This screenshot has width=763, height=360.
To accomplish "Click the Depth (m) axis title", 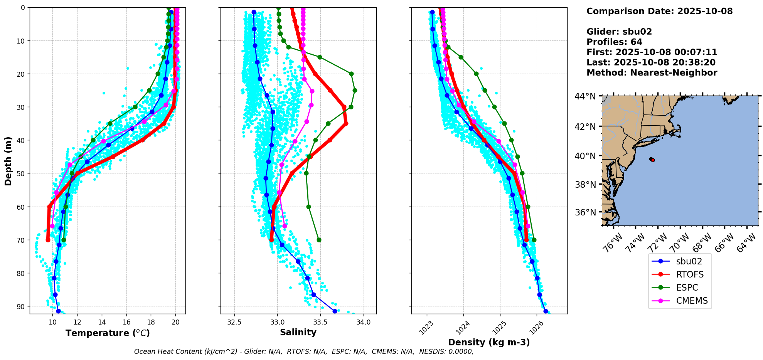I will click(8, 161).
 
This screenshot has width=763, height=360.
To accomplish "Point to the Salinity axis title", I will click(298, 333).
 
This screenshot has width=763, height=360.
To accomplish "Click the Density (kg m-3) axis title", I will click(489, 342).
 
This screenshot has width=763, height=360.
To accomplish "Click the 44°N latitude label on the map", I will click(585, 96).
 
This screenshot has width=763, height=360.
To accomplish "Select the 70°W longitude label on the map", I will click(679, 242).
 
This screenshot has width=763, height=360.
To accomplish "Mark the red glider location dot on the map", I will click(652, 160).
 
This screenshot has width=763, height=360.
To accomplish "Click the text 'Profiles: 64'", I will click(614, 42).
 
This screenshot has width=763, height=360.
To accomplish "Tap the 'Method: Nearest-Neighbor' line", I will click(652, 73).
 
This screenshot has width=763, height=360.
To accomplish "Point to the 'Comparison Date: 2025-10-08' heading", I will click(659, 11).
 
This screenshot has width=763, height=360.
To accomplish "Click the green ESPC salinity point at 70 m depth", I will click(319, 240).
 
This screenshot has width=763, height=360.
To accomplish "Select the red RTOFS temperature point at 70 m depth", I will click(48, 240).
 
